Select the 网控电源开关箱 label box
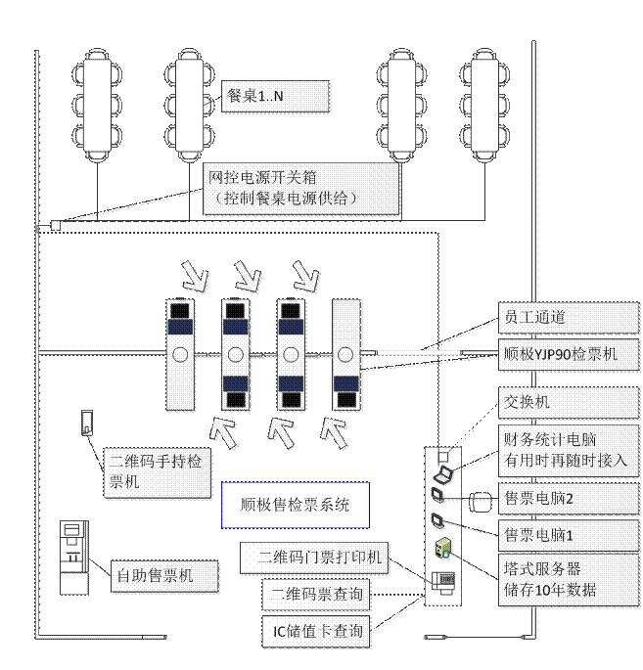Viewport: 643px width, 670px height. coord(302,188)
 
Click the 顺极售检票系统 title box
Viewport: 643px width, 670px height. coord(295,506)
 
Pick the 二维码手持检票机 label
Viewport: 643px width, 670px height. coord(157,470)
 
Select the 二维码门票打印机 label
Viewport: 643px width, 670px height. coord(314,559)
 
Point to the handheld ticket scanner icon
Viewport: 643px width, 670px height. coord(88,424)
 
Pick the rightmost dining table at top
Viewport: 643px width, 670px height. coord(485,104)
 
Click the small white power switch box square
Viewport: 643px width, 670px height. coord(56,226)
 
